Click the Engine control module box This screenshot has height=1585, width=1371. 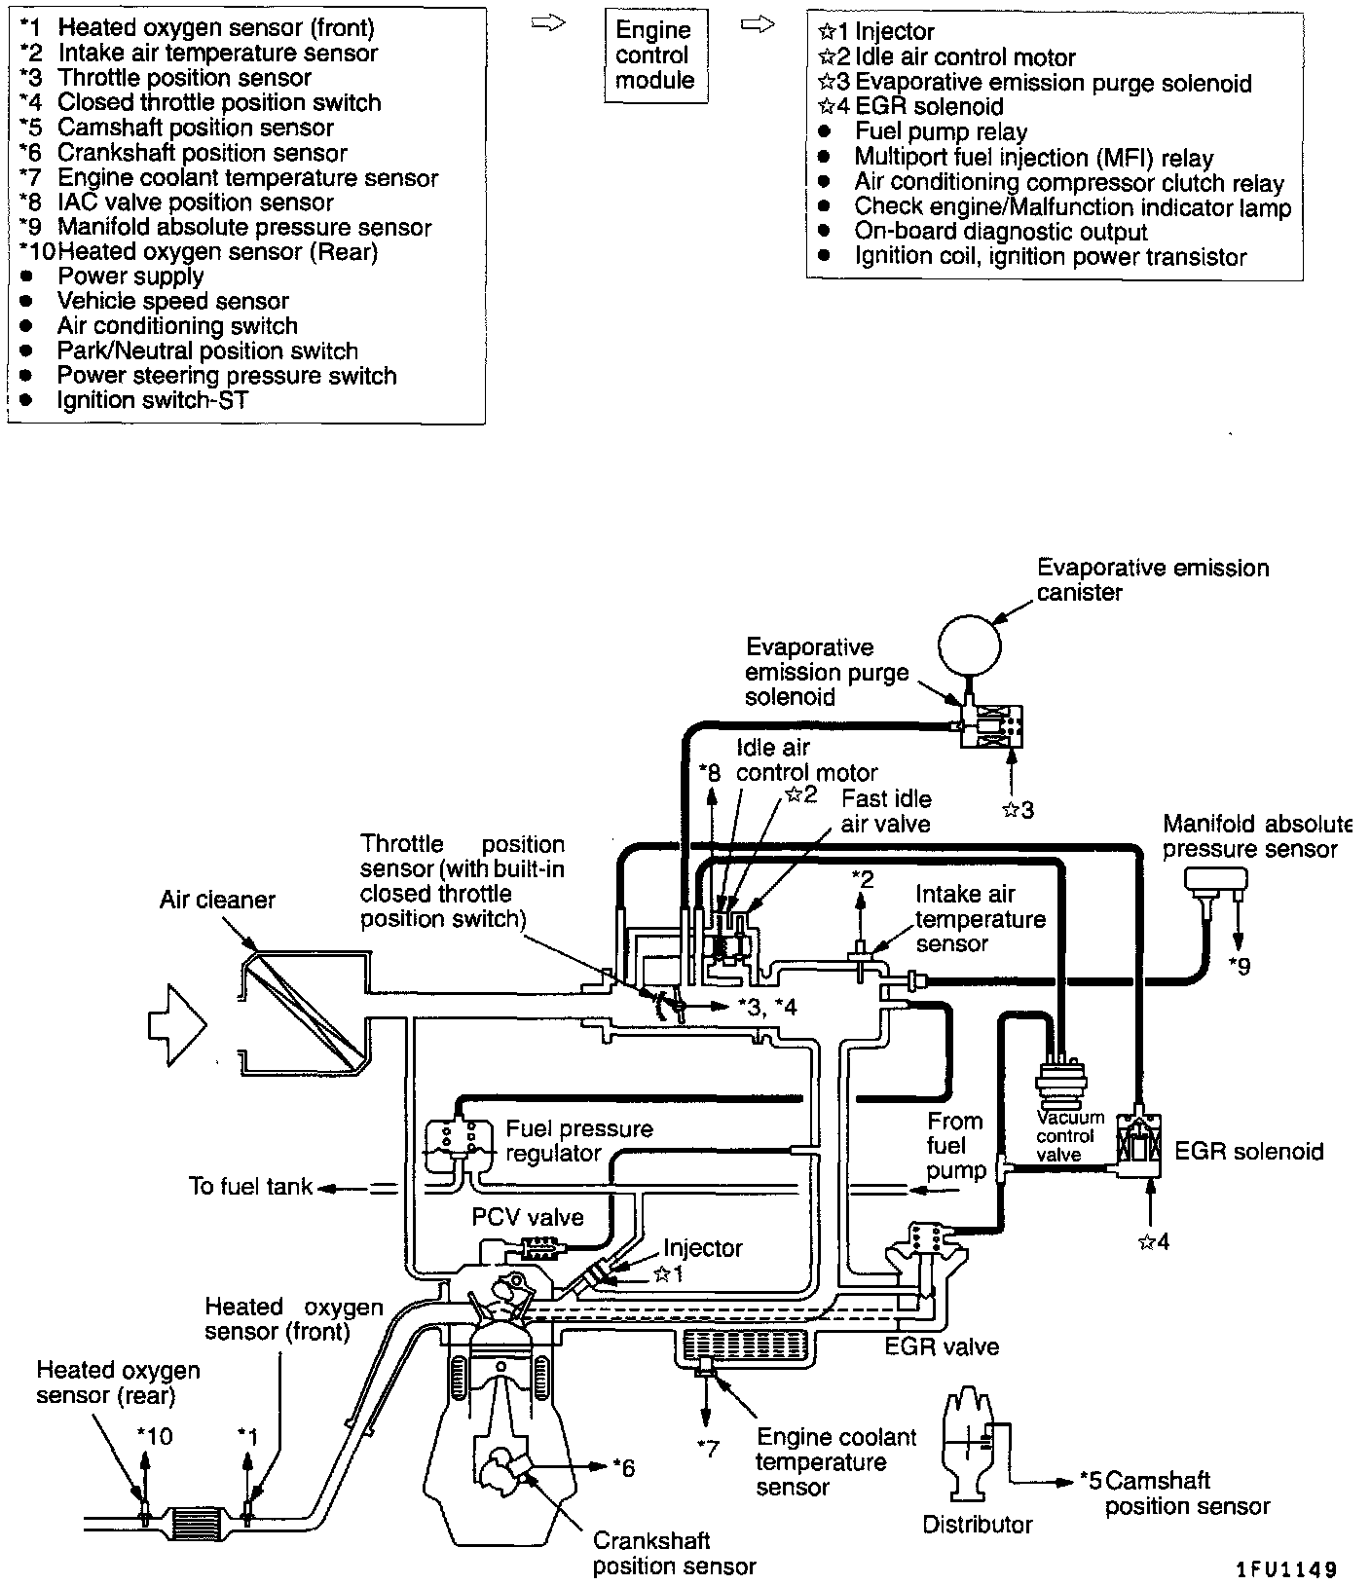[x=654, y=55]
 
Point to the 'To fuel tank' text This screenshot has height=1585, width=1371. [x=250, y=1187]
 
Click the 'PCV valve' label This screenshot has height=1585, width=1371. [x=528, y=1217]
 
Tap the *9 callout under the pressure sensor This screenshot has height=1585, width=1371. [x=1239, y=966]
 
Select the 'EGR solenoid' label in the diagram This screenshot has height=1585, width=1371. [x=1249, y=1152]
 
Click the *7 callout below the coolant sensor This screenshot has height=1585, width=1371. [x=708, y=1448]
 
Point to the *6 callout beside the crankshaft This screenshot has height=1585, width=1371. [x=623, y=1466]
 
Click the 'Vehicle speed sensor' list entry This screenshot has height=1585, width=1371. [x=172, y=302]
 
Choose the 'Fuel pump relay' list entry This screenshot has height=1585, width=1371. [x=941, y=132]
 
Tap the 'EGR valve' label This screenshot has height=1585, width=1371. [x=942, y=1347]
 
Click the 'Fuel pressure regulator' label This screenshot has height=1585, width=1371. [x=578, y=1141]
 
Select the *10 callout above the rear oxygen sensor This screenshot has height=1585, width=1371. [x=154, y=1436]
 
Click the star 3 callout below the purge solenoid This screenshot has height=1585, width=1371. [x=1018, y=809]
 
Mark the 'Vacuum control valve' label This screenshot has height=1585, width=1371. [x=1070, y=1136]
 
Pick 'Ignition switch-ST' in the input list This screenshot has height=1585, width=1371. [x=153, y=400]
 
